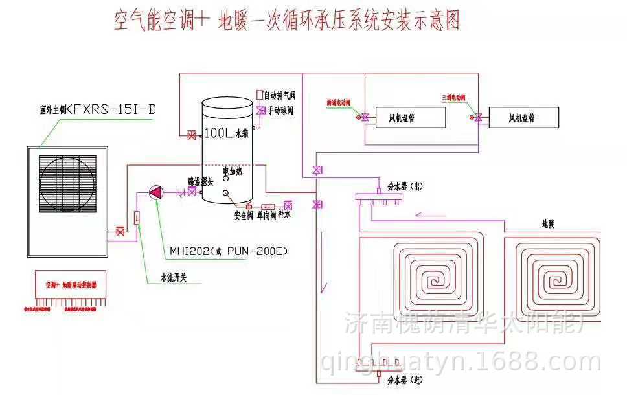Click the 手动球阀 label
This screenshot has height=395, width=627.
tap(280, 111)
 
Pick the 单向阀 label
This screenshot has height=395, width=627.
tap(266, 216)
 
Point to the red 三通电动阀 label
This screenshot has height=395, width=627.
tap(454, 97)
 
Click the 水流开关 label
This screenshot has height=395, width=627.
tap(174, 278)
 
